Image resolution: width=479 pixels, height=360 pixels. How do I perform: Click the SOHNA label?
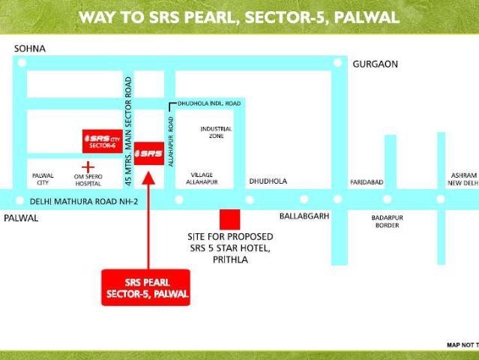click(x=30, y=49)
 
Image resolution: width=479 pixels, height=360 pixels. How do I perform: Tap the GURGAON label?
click(x=375, y=64)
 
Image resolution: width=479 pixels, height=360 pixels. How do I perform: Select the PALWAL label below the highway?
click(x=20, y=217)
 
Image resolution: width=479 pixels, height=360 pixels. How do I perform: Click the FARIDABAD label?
click(x=367, y=182)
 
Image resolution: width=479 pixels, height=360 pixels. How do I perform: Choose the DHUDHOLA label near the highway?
click(x=268, y=181)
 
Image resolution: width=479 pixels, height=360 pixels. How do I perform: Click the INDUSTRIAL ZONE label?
click(x=217, y=133)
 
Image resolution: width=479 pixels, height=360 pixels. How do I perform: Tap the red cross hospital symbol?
click(x=88, y=166)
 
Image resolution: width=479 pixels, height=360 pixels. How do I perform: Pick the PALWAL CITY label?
click(x=43, y=178)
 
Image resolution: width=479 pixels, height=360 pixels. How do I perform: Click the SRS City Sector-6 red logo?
click(x=103, y=140)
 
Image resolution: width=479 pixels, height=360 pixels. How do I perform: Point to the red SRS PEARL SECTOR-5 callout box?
click(x=146, y=286)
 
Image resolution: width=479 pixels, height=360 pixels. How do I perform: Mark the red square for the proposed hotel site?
click(x=229, y=220)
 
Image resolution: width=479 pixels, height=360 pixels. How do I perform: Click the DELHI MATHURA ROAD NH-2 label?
click(x=84, y=201)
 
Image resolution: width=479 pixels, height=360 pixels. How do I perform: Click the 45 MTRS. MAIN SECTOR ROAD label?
click(x=128, y=131)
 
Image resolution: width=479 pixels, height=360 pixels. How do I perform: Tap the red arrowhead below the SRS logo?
click(x=148, y=178)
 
